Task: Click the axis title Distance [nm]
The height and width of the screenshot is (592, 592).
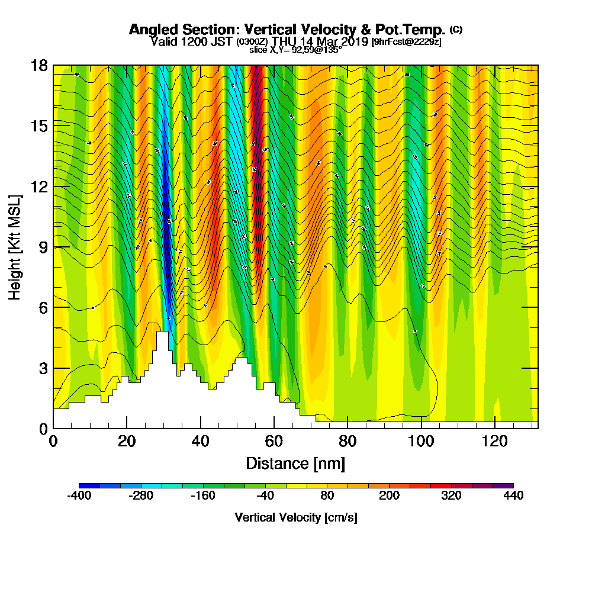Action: [x=295, y=463]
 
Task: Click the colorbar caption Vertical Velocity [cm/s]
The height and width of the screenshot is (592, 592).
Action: [x=296, y=517]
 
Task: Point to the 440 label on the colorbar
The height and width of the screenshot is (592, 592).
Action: [x=513, y=496]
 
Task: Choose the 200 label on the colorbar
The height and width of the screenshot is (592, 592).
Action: [x=389, y=496]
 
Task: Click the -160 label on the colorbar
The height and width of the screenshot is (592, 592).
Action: [x=203, y=496]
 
